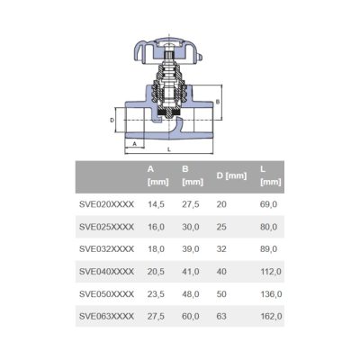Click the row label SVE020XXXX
pyautogui.click(x=106, y=204)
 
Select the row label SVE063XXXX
pyautogui.click(x=106, y=316)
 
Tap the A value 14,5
pyautogui.click(x=156, y=204)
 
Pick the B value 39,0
pyautogui.click(x=191, y=249)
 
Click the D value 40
pyautogui.click(x=221, y=272)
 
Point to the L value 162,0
pyautogui.click(x=271, y=317)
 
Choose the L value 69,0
pyautogui.click(x=269, y=204)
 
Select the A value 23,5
pyautogui.click(x=156, y=294)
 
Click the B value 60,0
pyautogui.click(x=191, y=317)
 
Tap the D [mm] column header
pyautogui.click(x=231, y=175)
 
